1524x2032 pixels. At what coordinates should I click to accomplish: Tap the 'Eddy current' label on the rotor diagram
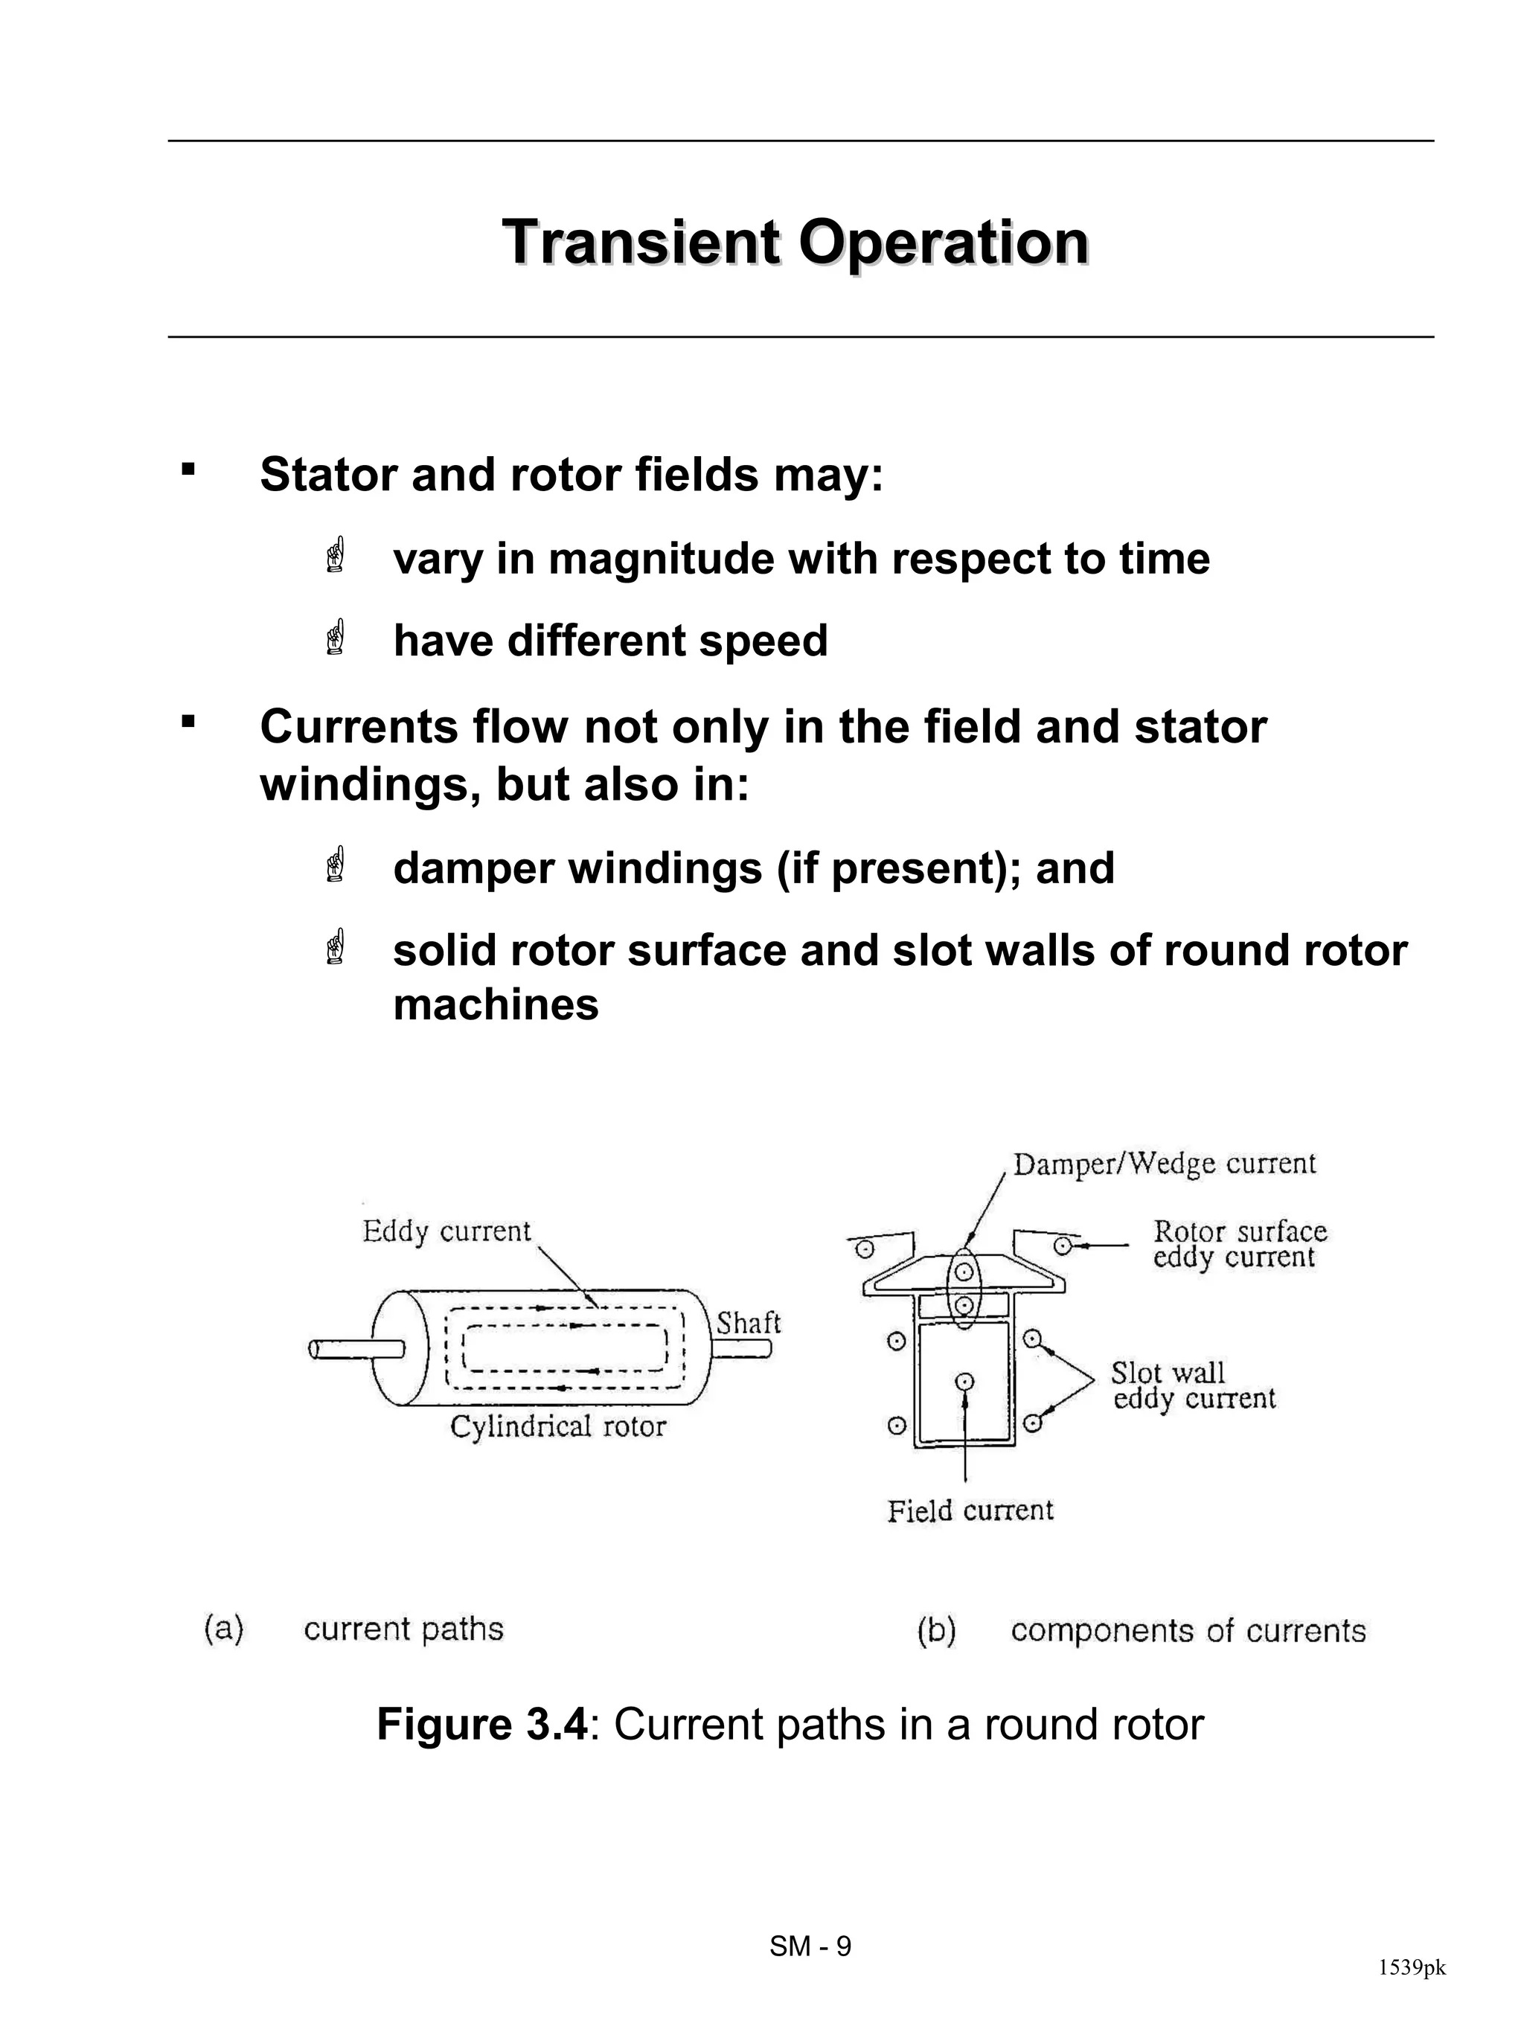click(446, 1231)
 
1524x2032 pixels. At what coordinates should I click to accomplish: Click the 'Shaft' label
click(748, 1324)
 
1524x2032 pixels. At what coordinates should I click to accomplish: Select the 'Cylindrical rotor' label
click(557, 1426)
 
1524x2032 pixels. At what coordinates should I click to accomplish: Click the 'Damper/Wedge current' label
click(1164, 1164)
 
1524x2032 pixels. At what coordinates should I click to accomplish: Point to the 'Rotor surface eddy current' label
click(1239, 1244)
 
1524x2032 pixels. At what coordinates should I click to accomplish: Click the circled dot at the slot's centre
click(964, 1382)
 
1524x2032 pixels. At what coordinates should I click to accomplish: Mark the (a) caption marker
click(223, 1629)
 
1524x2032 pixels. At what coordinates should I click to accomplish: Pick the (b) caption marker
click(936, 1630)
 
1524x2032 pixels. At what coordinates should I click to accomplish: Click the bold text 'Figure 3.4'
click(481, 1724)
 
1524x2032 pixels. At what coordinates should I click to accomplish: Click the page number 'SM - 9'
click(810, 1946)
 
